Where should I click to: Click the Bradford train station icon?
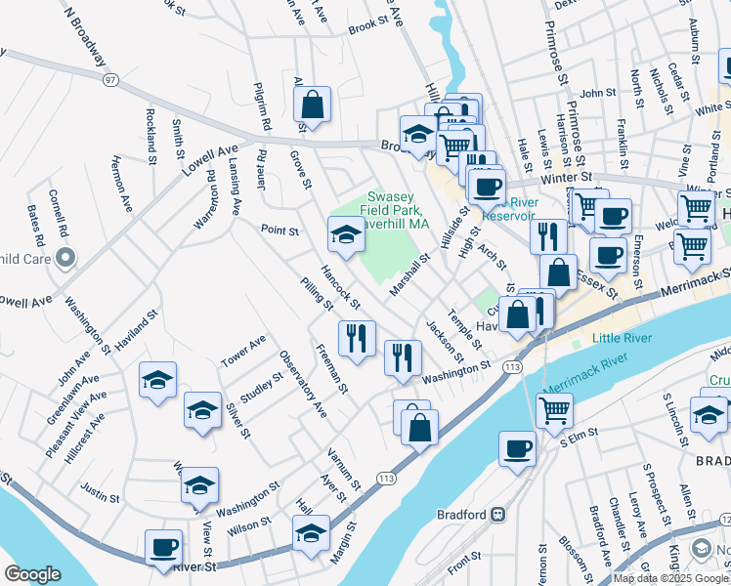pos(497,514)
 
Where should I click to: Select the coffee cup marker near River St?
pos(163,547)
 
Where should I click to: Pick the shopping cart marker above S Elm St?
pos(554,409)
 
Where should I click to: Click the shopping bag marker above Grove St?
pos(312,105)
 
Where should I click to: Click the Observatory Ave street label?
pos(304,384)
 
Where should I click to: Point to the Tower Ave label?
pos(243,348)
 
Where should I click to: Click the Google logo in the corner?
pos(32,573)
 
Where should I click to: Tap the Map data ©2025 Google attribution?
pos(670,578)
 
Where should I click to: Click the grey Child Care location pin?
pos(65,258)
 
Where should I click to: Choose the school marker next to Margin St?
pos(311,533)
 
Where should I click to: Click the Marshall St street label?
pos(410,276)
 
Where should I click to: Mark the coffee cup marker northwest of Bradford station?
pos(517,448)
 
